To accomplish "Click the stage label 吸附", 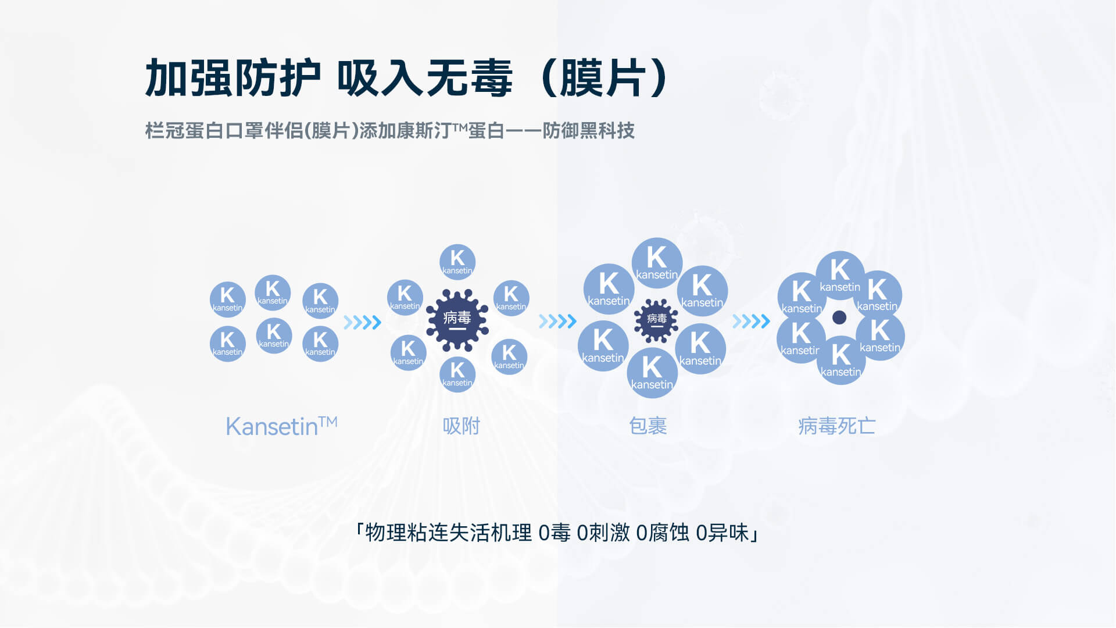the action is pyautogui.click(x=462, y=426).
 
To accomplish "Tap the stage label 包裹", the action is pyautogui.click(x=648, y=426).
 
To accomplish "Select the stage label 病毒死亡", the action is pyautogui.click(x=836, y=426).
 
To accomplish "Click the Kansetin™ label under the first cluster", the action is pyautogui.click(x=281, y=426).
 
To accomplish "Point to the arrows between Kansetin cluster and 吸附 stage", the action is pyautogui.click(x=362, y=322).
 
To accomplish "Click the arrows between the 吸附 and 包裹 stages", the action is pyautogui.click(x=557, y=321).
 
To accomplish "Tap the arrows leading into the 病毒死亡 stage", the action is pyautogui.click(x=751, y=321).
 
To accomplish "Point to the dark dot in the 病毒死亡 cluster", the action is pyautogui.click(x=839, y=317).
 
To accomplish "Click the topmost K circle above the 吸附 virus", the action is pyautogui.click(x=457, y=262).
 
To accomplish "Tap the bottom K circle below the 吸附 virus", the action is pyautogui.click(x=457, y=374).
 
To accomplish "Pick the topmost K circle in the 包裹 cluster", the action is pyautogui.click(x=657, y=263).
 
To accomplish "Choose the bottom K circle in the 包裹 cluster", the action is pyautogui.click(x=652, y=373).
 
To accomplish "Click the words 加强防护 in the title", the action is pyautogui.click(x=233, y=78).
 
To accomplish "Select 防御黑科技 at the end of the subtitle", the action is pyautogui.click(x=588, y=131).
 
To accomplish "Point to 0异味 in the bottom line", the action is pyautogui.click(x=722, y=533).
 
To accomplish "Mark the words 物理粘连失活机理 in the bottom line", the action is pyautogui.click(x=448, y=533).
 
